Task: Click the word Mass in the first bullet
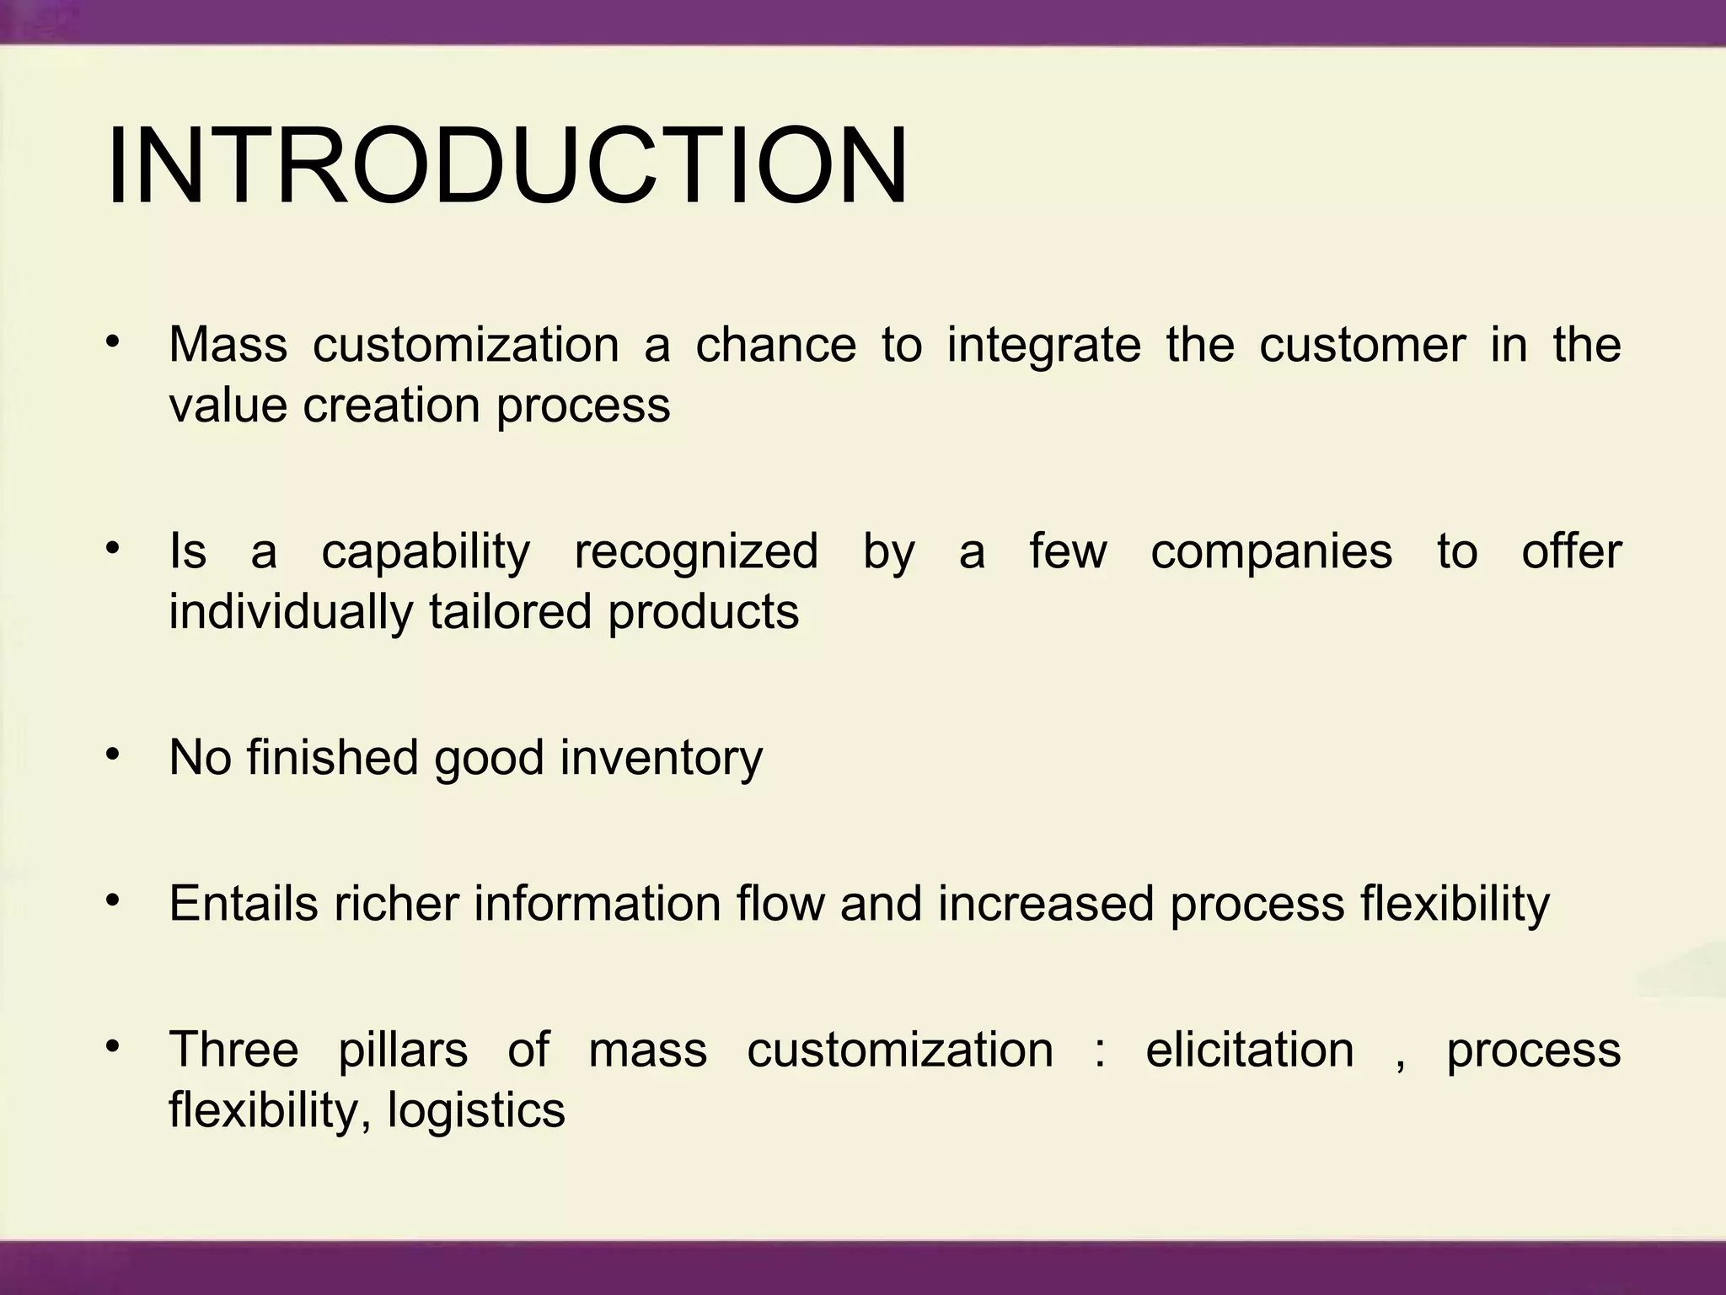228,345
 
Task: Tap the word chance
775,345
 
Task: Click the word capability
426,553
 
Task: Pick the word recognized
696,553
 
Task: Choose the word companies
1272,553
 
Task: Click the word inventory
662,759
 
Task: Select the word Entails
244,904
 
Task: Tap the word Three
234,1051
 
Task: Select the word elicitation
1250,1051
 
